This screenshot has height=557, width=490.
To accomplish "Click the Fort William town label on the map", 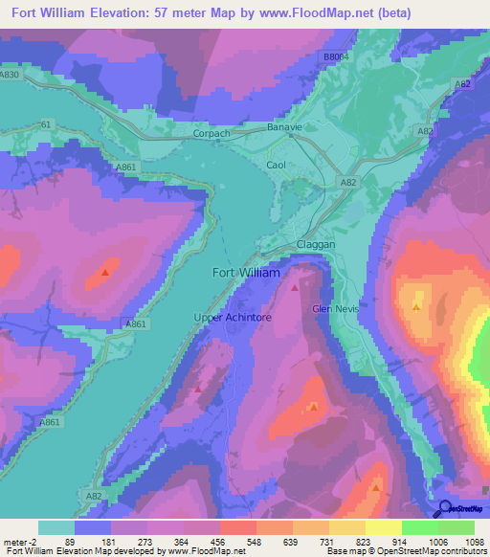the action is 245,273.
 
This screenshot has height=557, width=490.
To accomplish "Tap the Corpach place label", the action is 212,134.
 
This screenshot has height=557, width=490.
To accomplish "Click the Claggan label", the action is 316,245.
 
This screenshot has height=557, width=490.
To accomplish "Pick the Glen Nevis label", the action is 334,308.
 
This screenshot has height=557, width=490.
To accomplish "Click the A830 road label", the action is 10,75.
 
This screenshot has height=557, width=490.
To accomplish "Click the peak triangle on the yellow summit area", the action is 416,306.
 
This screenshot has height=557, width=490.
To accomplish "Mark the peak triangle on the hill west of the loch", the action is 104,272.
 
